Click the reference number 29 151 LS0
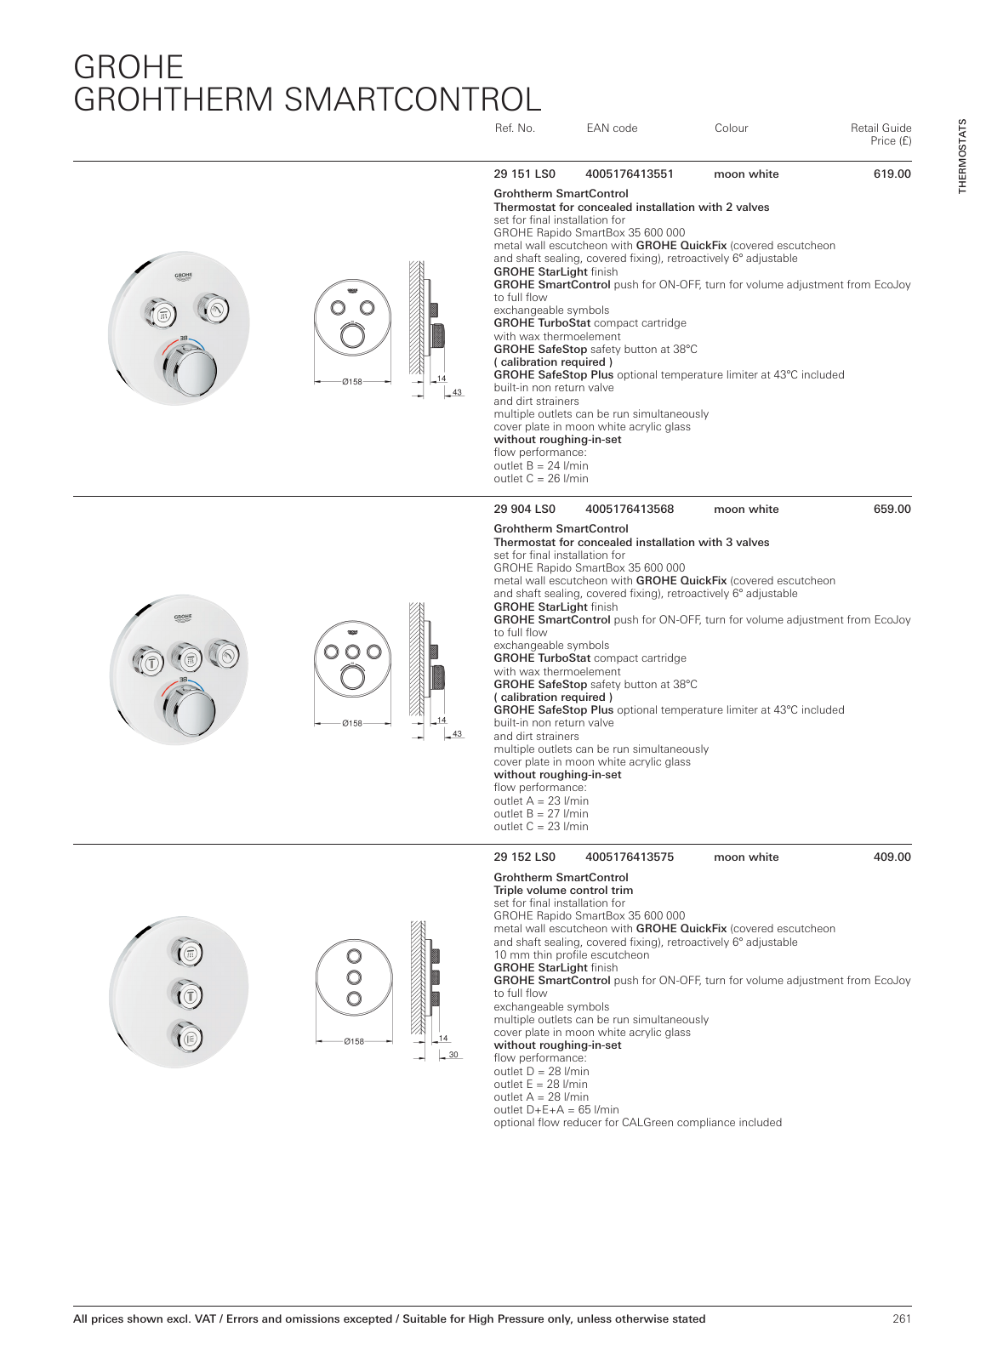[524, 174]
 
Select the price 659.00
[892, 510]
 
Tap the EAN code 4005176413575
[629, 857]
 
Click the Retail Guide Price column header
[881, 134]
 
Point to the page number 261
[902, 1318]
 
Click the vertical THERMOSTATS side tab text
[962, 157]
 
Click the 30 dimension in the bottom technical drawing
[453, 1055]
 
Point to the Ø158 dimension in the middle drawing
[352, 724]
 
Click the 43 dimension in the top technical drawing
[457, 392]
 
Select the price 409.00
[892, 857]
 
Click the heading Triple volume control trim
[563, 891]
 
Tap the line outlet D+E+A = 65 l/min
[556, 1110]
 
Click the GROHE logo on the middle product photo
[183, 617]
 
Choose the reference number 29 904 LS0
[524, 510]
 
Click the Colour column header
[731, 128]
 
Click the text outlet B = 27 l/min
[541, 814]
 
